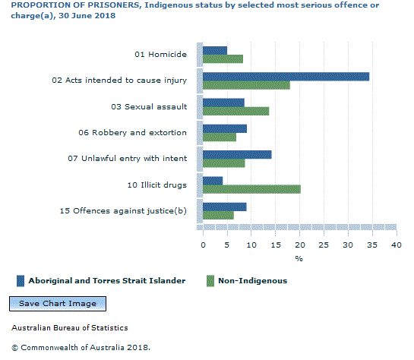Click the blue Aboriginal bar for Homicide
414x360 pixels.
tap(215, 50)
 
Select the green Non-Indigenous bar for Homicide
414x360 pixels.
tap(223, 59)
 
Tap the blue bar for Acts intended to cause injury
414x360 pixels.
tap(286, 76)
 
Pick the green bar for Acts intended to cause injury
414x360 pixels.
tap(246, 85)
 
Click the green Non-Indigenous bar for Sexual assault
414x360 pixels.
tap(235, 111)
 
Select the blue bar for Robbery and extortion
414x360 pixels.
tap(225, 128)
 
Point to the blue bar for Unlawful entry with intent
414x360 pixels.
tap(237, 154)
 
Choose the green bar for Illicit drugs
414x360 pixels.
tap(251, 189)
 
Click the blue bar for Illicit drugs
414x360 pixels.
tap(213, 180)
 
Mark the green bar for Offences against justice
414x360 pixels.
tap(218, 215)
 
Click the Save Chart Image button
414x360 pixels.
tap(58, 304)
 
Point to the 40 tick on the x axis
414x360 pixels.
tap(396, 245)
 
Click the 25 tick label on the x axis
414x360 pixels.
tap(324, 245)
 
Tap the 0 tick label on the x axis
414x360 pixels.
tap(203, 245)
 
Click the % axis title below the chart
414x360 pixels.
tap(299, 259)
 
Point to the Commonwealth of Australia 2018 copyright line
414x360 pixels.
tap(81, 347)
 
